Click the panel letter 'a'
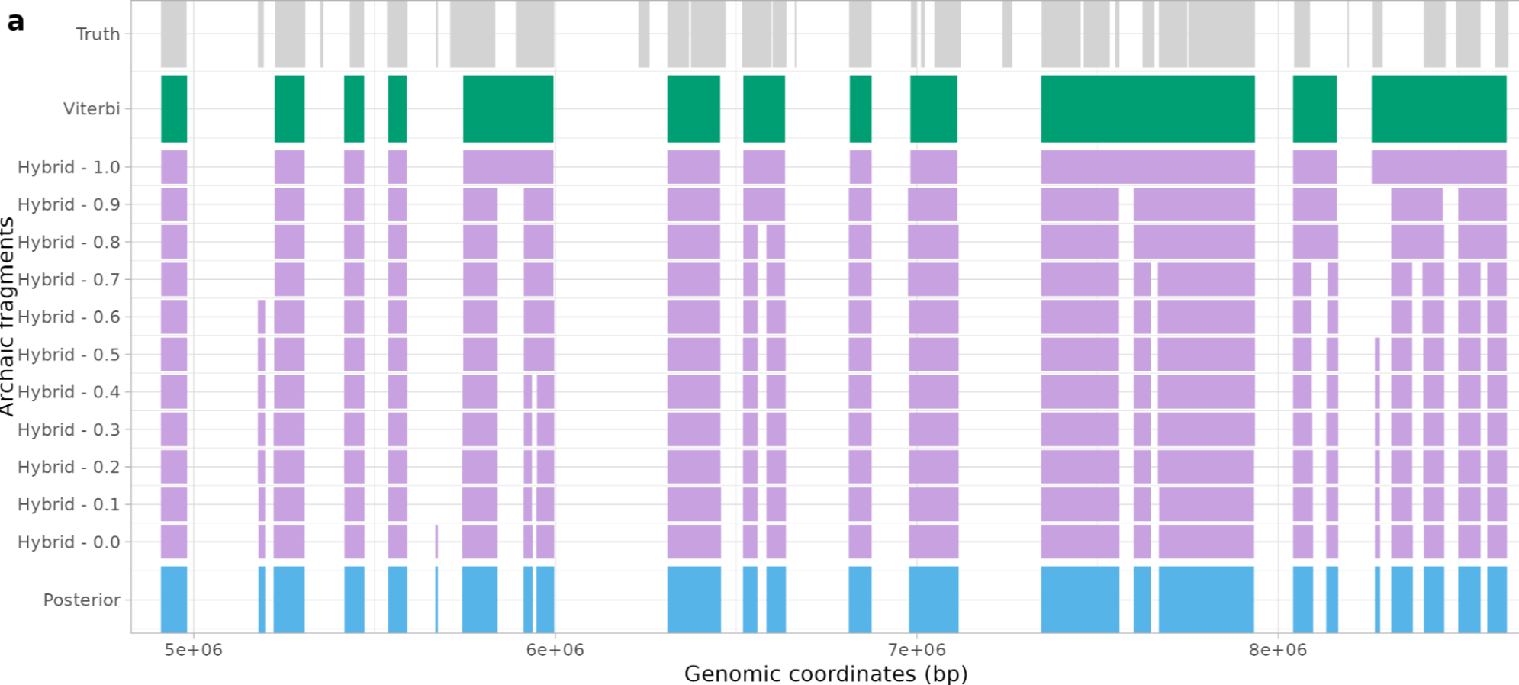point(15,21)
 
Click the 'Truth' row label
point(98,34)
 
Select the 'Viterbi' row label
point(92,109)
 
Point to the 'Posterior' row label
point(82,600)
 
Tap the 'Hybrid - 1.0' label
point(69,167)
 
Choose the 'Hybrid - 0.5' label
point(69,355)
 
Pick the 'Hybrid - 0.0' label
point(69,542)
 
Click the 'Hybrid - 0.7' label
point(69,280)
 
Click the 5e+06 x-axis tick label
point(194,650)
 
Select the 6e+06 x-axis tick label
point(555,650)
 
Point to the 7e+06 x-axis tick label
point(916,650)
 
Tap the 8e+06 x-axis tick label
point(1278,650)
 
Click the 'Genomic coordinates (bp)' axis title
point(825,674)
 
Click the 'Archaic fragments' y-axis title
point(8,317)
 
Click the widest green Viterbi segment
point(1147,109)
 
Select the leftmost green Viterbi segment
point(174,109)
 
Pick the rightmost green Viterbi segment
point(1438,109)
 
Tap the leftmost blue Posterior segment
point(174,600)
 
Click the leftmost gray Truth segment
point(174,34)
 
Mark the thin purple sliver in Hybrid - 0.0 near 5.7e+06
point(436,542)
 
